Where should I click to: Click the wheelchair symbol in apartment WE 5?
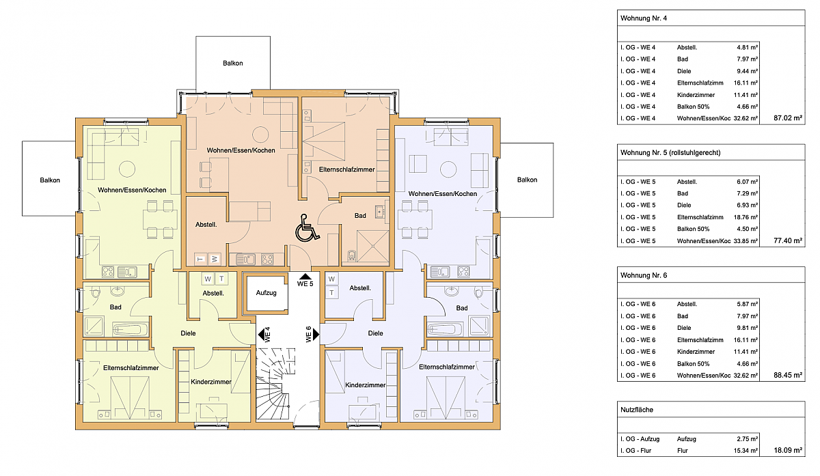[x=307, y=228]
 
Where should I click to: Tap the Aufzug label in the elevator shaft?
[x=266, y=293]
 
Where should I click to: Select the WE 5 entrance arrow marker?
[x=305, y=277]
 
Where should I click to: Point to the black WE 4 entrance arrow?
[x=261, y=335]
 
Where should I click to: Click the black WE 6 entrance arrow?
[x=316, y=334]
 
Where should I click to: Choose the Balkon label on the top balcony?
[x=233, y=64]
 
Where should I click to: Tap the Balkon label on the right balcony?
[x=527, y=180]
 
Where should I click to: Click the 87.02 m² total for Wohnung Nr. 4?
[x=788, y=118]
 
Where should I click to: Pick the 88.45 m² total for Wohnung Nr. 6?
[x=788, y=375]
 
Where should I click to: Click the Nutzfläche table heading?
[x=637, y=410]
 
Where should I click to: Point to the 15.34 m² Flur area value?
[x=746, y=450]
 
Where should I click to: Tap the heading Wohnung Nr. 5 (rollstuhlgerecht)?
[x=670, y=152]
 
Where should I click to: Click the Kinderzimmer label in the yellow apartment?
[x=211, y=382]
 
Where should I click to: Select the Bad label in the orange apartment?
[x=360, y=216]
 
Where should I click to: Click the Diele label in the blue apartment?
[x=376, y=333]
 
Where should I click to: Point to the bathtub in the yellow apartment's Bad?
[x=131, y=330]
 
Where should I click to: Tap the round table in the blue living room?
[x=448, y=169]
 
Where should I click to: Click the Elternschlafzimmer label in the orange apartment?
[x=346, y=170]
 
